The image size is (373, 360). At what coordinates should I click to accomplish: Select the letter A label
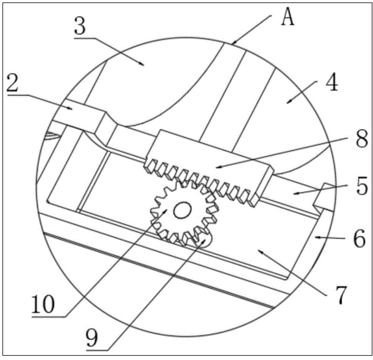(287, 18)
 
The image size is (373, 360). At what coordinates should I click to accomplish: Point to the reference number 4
(331, 83)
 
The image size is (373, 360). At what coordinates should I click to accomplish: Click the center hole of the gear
(182, 211)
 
